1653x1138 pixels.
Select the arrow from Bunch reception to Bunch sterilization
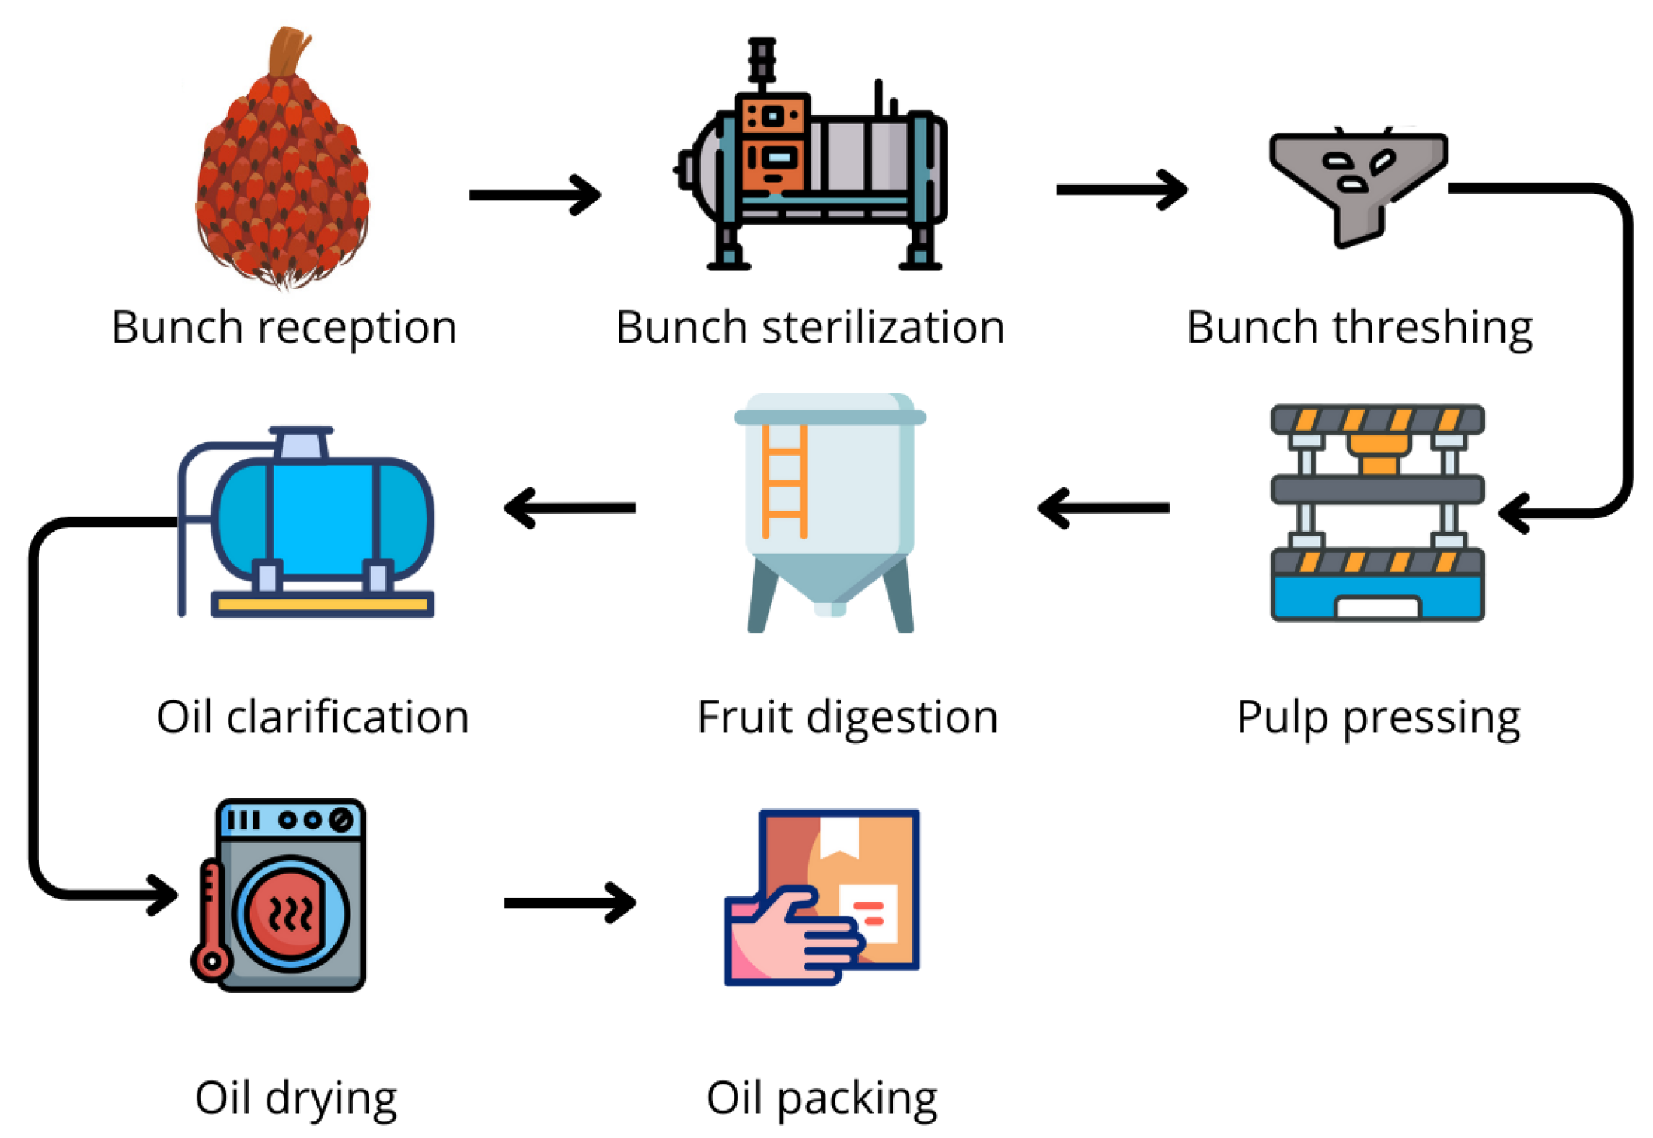[535, 194]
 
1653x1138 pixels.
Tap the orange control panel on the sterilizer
[772, 144]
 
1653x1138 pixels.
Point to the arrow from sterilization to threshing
[1121, 190]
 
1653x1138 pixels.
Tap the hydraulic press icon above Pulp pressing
[1377, 513]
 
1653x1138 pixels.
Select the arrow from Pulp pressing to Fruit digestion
[1104, 508]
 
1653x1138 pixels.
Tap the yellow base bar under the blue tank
[323, 604]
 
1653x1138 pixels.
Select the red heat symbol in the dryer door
[289, 913]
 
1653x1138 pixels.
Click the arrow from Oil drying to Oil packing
[570, 902]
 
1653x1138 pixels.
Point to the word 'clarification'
[347, 717]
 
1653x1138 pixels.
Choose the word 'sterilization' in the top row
[883, 328]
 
